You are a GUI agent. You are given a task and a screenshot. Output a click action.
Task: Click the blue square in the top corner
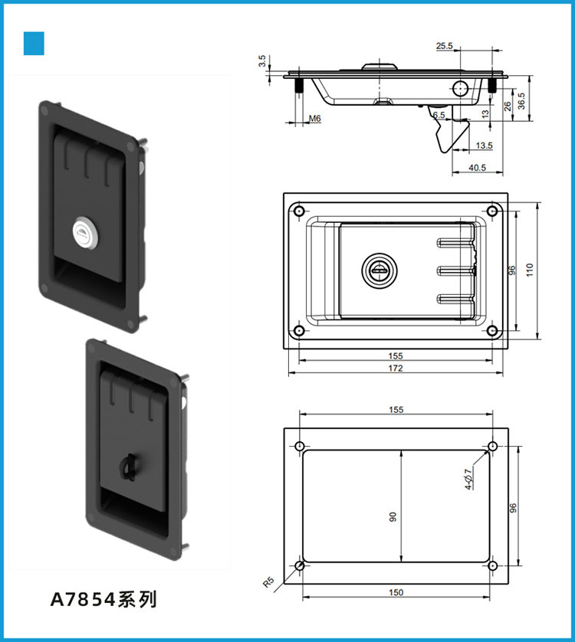click(x=34, y=44)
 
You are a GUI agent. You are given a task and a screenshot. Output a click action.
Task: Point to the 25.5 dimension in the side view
click(x=445, y=47)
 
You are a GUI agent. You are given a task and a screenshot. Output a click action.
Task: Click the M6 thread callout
click(x=314, y=119)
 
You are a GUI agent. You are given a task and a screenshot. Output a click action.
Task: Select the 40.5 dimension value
click(x=476, y=168)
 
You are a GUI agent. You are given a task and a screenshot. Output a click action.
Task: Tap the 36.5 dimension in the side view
click(x=521, y=99)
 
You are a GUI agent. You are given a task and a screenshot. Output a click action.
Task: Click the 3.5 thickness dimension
click(x=262, y=61)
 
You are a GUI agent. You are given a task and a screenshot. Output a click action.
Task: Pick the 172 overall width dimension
click(x=396, y=368)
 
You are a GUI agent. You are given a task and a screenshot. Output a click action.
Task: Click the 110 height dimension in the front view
click(x=530, y=269)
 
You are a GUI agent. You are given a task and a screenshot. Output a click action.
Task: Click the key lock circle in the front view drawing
click(x=377, y=269)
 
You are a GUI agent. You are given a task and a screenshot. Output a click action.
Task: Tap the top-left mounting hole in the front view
click(x=298, y=211)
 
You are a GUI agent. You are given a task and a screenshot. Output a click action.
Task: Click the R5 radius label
click(x=268, y=581)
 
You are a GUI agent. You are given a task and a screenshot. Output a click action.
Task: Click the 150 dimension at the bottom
click(x=396, y=592)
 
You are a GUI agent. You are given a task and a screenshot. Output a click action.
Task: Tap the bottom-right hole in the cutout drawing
click(x=492, y=567)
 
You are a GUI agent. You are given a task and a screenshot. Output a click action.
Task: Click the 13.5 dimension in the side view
click(x=484, y=145)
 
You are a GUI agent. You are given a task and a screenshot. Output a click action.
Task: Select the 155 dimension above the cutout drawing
click(x=396, y=410)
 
